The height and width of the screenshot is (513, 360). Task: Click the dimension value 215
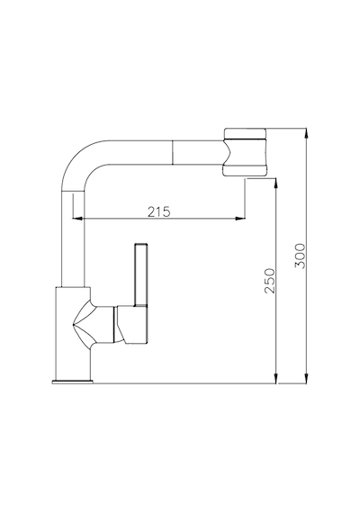coord(158,211)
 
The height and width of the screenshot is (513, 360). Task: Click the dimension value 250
coord(270,281)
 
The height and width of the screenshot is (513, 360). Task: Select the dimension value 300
coord(300,256)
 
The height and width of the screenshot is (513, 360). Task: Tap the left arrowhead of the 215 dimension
coord(76,218)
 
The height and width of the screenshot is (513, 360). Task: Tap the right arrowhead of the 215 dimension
coord(240,218)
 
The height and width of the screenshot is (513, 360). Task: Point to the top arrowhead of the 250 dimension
coord(276,184)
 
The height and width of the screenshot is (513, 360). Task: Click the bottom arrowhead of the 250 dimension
coord(276,378)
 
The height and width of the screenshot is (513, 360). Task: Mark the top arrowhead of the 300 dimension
coord(306,133)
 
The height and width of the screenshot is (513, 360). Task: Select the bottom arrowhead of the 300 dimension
coord(306,378)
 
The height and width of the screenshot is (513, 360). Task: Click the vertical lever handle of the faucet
coord(141,274)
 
